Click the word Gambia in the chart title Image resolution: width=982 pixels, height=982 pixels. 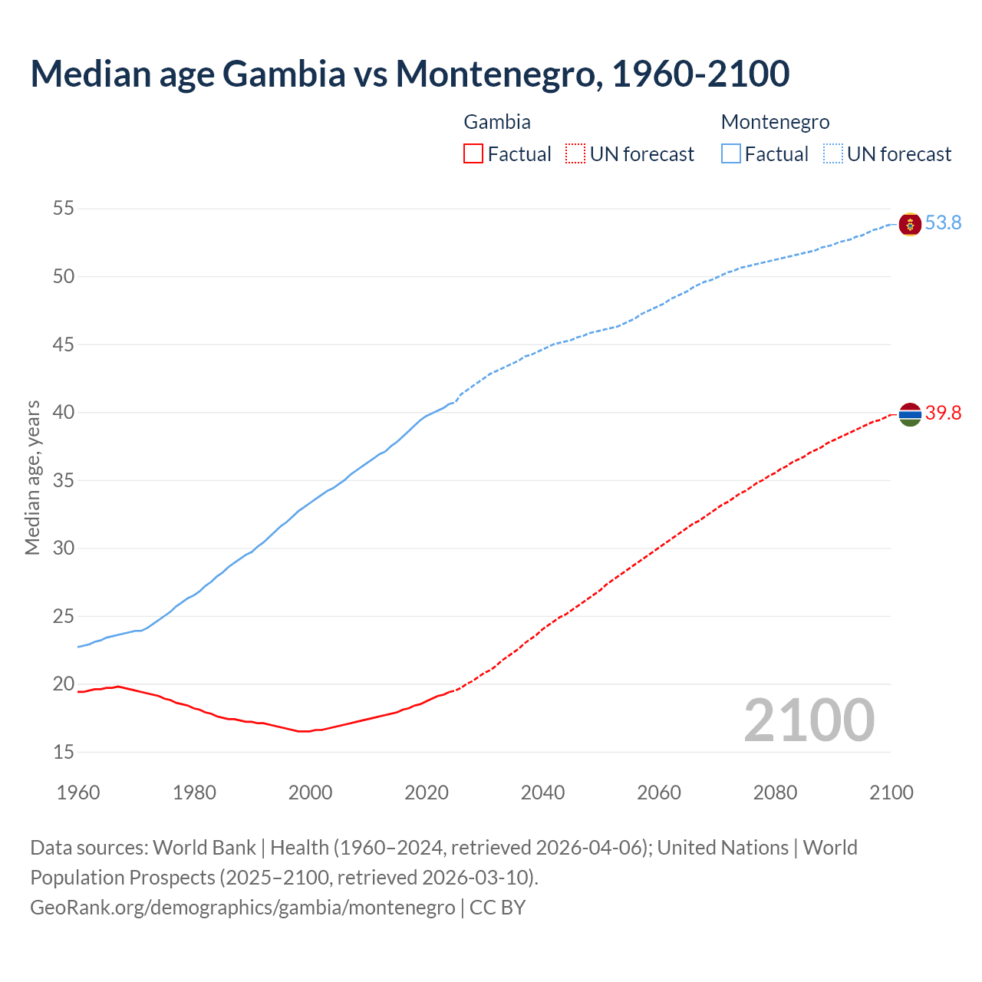click(283, 74)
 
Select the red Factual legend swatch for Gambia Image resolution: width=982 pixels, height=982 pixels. click(473, 154)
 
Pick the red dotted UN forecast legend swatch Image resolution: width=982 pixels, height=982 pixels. click(575, 154)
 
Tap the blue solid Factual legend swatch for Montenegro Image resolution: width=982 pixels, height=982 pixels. click(730, 154)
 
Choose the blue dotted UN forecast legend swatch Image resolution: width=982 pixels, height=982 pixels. click(832, 154)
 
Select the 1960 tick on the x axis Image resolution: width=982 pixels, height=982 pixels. click(78, 793)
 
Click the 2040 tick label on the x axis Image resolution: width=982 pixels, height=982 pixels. click(542, 793)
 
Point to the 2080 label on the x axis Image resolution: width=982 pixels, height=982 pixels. click(775, 793)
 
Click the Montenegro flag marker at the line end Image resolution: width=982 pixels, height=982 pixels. click(910, 224)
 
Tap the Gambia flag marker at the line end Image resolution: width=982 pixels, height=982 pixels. click(910, 414)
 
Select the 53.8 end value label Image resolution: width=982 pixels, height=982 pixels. click(943, 223)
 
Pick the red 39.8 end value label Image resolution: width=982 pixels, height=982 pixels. click(943, 414)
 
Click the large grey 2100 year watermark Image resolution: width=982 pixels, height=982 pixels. click(809, 720)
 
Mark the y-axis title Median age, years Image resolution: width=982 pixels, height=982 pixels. click(32, 477)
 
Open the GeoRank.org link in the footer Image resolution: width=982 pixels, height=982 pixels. click(242, 908)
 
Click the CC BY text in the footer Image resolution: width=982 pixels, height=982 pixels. click(497, 908)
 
